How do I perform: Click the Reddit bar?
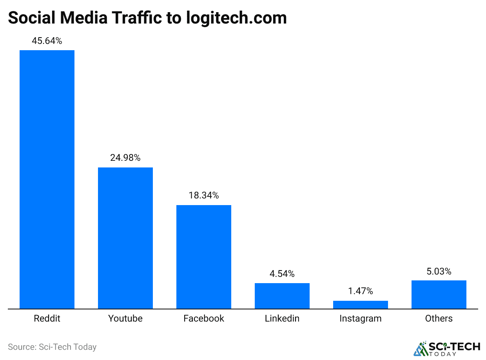click(x=47, y=179)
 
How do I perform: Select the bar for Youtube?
click(x=125, y=238)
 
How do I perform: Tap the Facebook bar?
click(x=204, y=257)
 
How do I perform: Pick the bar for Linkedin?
click(x=282, y=296)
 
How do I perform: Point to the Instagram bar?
click(x=361, y=305)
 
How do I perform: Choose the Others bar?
click(x=439, y=295)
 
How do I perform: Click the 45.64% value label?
click(x=47, y=41)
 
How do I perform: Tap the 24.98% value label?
click(x=125, y=158)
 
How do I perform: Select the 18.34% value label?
click(x=204, y=195)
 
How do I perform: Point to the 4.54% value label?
click(x=282, y=274)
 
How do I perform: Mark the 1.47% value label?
click(x=361, y=291)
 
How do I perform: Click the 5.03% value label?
click(x=439, y=271)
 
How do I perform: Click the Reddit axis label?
click(x=47, y=318)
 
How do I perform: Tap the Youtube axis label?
click(x=125, y=318)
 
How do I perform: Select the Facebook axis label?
click(x=204, y=318)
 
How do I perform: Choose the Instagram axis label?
click(x=361, y=318)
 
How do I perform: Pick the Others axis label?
click(x=439, y=318)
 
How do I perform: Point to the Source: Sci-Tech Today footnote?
click(x=52, y=347)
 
